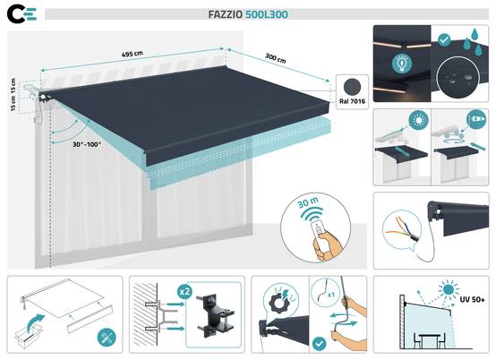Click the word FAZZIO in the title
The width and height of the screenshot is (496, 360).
(x=226, y=14)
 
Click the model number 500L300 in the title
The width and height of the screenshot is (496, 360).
(x=267, y=14)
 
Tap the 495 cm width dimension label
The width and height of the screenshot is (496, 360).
(x=132, y=54)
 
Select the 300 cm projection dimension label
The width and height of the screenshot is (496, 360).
(x=275, y=58)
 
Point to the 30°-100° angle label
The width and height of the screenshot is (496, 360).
(x=87, y=144)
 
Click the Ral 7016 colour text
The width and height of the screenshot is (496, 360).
(x=352, y=101)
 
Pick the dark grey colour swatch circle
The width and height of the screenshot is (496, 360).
(x=352, y=87)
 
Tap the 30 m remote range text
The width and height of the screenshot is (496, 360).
(x=308, y=203)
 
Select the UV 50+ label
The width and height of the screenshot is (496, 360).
(x=472, y=300)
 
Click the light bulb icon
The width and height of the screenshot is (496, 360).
(x=402, y=63)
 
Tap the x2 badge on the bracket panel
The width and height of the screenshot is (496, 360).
(x=184, y=291)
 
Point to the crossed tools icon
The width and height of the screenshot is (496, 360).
(x=107, y=337)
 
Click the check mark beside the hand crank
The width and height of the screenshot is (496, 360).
(x=319, y=344)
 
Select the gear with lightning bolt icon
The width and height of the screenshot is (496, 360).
(x=280, y=300)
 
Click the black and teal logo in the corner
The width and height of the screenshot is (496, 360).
(x=22, y=14)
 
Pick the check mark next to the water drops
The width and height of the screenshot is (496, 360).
(x=444, y=40)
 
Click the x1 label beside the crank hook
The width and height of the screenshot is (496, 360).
(x=331, y=295)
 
